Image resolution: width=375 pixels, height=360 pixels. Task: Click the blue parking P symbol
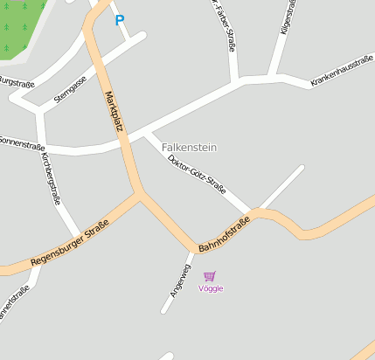point(120,20)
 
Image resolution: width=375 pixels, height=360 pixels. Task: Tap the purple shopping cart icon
point(210,276)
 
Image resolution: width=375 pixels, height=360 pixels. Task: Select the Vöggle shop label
point(211,288)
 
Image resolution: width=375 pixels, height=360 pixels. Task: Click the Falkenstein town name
point(189,148)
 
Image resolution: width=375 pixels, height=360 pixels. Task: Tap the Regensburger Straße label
point(69,243)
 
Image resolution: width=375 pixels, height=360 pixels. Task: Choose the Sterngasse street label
point(69,88)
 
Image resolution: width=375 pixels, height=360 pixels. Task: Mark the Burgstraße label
point(16,81)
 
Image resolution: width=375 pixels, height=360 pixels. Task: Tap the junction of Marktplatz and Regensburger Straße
point(140,195)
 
